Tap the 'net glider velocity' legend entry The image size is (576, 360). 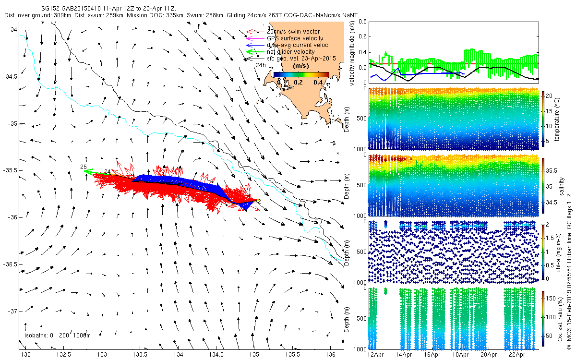point(291,52)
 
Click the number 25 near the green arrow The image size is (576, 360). point(83,167)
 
